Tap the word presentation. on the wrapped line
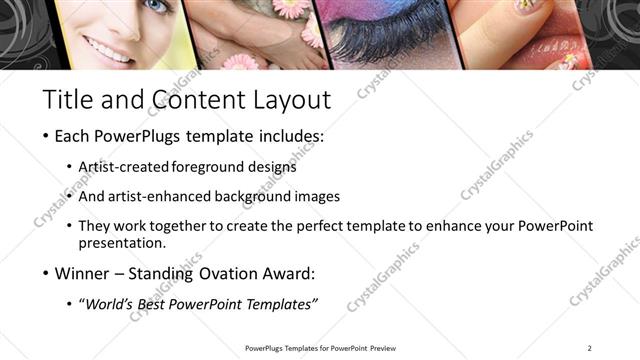point(122,243)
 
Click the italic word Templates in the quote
point(281,304)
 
